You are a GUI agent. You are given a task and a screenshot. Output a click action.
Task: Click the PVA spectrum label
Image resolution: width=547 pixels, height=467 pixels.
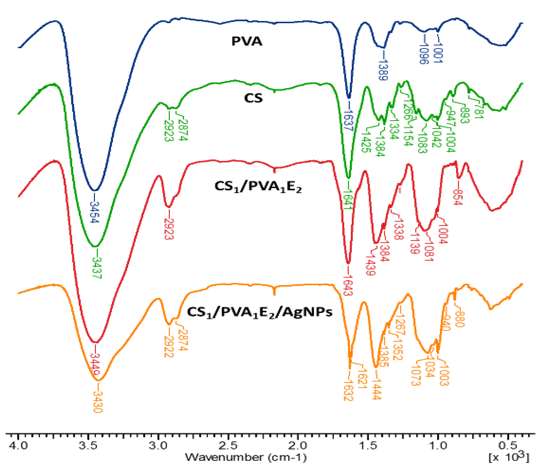pos(247,41)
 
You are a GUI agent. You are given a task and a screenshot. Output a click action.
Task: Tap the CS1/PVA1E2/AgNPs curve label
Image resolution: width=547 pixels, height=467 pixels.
pos(260,312)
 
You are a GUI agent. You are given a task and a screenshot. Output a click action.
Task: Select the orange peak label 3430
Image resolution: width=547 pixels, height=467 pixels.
pos(98,401)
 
